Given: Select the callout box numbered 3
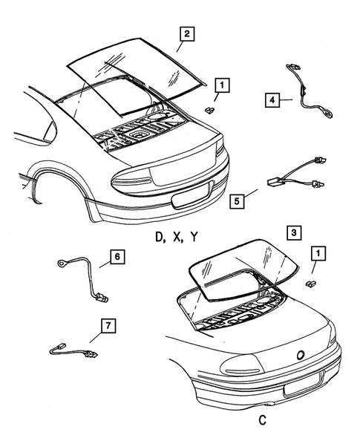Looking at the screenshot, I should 295,232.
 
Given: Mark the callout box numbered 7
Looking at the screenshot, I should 109,324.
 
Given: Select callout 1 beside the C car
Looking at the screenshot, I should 318,255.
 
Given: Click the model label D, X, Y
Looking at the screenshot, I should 176,237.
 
